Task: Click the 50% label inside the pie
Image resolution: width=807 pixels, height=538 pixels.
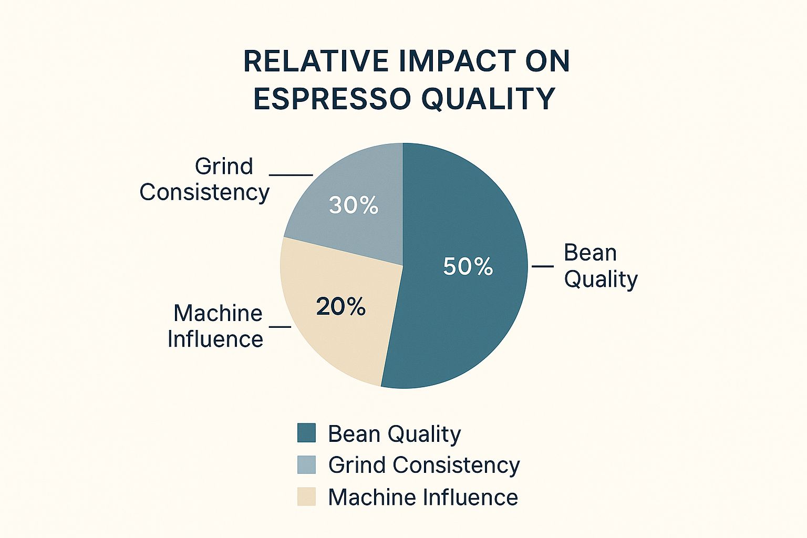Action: tap(468, 267)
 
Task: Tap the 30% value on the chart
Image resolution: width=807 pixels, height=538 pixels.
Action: tap(354, 205)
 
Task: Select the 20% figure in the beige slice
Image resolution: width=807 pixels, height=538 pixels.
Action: tap(340, 307)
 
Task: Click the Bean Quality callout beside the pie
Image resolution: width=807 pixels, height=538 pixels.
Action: tap(601, 266)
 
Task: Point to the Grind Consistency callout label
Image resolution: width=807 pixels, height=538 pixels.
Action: tap(204, 180)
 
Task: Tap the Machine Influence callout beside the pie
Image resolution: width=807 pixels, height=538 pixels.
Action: tap(215, 326)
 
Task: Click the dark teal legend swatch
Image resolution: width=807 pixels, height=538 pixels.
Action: tap(307, 433)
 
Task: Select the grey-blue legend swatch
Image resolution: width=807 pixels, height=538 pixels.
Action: tap(307, 464)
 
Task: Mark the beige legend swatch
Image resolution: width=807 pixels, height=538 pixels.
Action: tap(307, 496)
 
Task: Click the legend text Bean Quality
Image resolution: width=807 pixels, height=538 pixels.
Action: tap(395, 434)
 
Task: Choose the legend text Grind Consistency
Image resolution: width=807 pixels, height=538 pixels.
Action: tap(424, 465)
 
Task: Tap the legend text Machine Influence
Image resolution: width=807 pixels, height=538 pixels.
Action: tap(423, 497)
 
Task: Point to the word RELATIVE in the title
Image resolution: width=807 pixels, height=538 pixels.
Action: tap(316, 61)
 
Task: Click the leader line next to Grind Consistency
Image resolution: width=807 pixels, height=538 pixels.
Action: tap(291, 175)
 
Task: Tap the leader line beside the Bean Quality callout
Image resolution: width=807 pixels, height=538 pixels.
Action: tap(543, 266)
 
